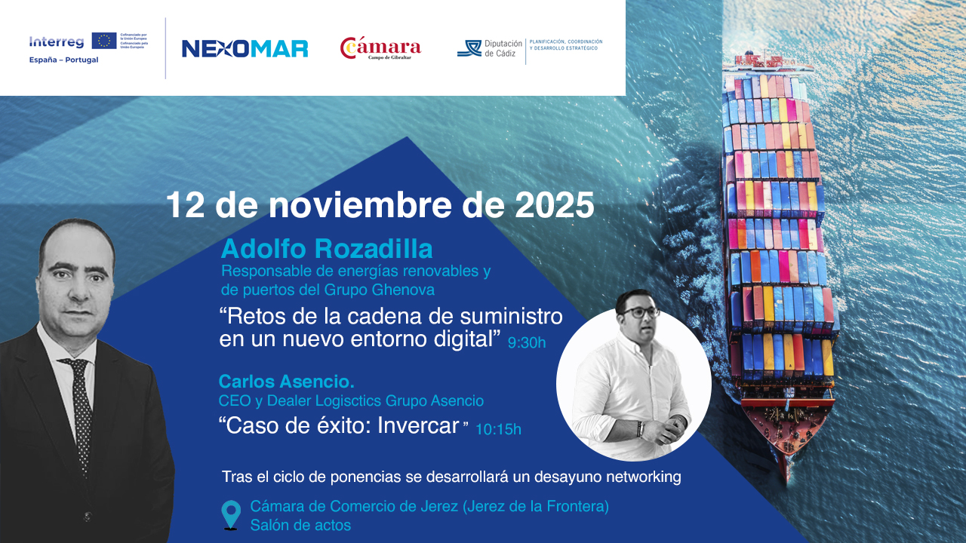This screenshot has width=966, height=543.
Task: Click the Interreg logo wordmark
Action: (56, 42)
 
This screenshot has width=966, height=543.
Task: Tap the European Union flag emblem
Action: (104, 41)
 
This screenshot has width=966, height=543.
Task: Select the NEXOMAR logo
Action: (245, 49)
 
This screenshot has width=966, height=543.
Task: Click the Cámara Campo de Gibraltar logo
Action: (380, 48)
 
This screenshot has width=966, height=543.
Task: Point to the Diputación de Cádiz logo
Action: (491, 48)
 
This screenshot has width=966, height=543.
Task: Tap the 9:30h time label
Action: (526, 342)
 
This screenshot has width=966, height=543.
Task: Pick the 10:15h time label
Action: (498, 430)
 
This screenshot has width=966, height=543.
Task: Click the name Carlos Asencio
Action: (286, 381)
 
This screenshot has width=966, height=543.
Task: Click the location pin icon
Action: (231, 514)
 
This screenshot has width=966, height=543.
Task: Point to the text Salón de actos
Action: (300, 525)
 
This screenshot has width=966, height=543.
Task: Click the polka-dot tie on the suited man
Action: (78, 407)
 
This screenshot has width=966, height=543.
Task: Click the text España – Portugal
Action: (63, 60)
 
